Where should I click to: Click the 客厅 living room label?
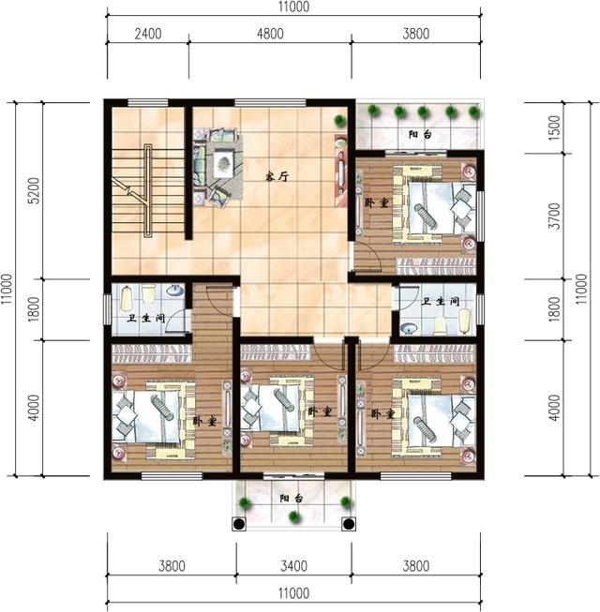click(x=277, y=176)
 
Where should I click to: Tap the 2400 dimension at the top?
click(x=148, y=34)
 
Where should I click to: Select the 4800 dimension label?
click(x=270, y=34)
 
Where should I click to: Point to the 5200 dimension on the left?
click(x=34, y=190)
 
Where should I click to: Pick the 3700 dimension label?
click(x=554, y=216)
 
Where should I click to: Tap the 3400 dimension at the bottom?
click(x=293, y=565)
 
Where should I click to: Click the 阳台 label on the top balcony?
click(x=420, y=135)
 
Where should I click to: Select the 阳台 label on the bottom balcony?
click(x=292, y=499)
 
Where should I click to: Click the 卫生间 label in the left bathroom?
click(x=145, y=318)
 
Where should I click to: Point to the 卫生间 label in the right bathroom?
click(x=442, y=302)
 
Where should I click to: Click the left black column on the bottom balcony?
click(x=239, y=524)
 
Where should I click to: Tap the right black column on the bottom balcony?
click(x=348, y=524)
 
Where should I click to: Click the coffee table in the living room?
click(x=223, y=164)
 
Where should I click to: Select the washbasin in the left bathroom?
click(x=175, y=290)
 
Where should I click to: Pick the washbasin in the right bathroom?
click(x=409, y=328)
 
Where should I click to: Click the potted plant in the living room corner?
click(x=340, y=120)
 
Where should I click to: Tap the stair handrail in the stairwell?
click(x=148, y=190)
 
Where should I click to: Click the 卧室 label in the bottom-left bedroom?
click(x=204, y=421)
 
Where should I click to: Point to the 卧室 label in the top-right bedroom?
click(x=376, y=203)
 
